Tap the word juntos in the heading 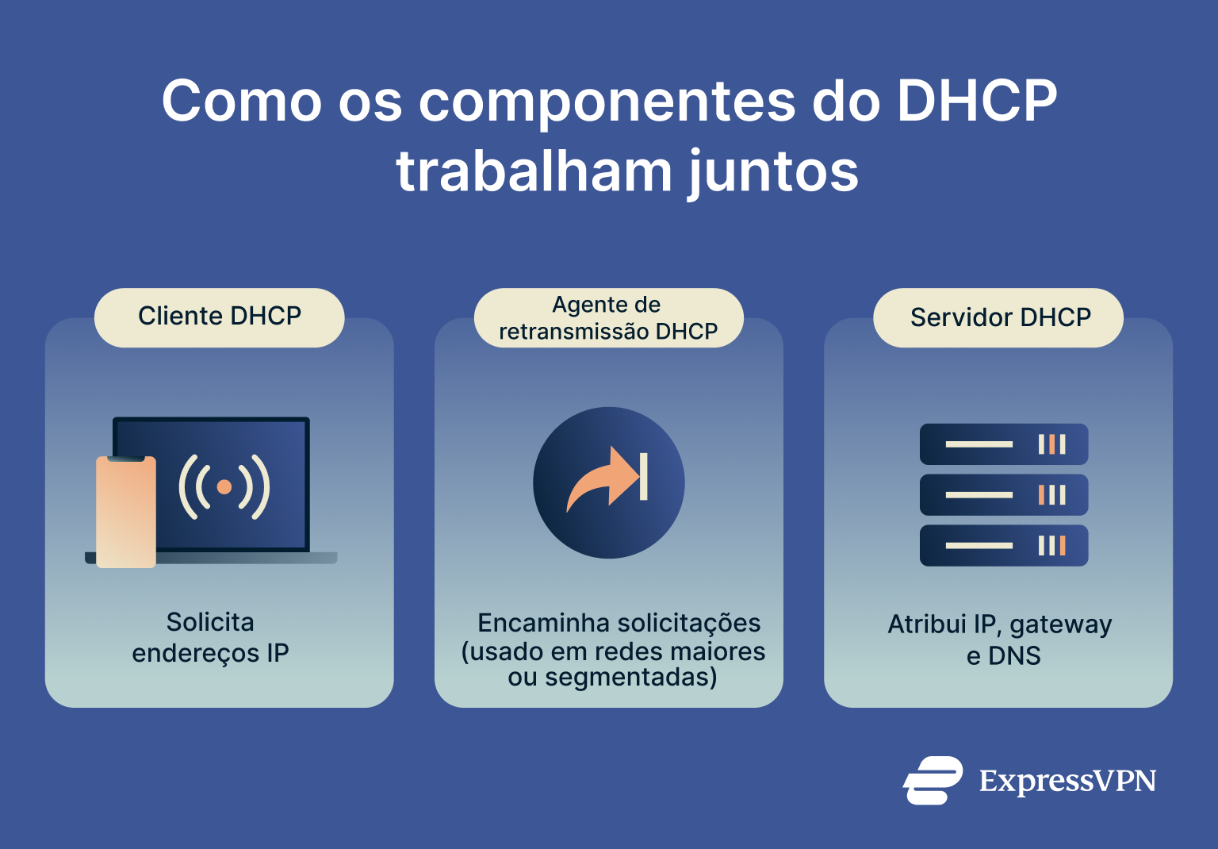pos(773,172)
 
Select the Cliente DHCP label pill pos(220,317)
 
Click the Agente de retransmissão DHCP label pos(608,317)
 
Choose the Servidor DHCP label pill pos(999,317)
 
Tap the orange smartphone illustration pos(126,512)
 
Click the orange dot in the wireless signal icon pos(224,486)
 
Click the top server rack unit pos(1003,444)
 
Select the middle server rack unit pos(1003,495)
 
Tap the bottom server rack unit pos(1003,546)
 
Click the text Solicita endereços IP pos(210,637)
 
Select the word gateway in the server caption pos(1061,625)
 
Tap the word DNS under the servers pos(1015,656)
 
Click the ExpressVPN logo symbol pos(933,781)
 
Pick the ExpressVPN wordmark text pos(1067,782)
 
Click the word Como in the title pos(241,102)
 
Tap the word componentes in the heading pos(607,102)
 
